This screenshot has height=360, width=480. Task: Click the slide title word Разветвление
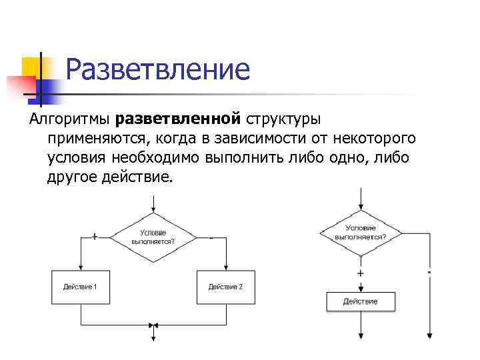coord(158,69)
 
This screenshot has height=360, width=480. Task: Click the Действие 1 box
coord(80,287)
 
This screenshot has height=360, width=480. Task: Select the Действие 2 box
coord(225,287)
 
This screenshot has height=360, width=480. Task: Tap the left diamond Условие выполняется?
coord(154,237)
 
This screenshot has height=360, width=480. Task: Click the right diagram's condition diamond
coord(360,232)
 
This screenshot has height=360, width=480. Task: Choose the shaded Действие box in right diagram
coord(360,301)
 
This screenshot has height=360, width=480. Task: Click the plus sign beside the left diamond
coord(94,236)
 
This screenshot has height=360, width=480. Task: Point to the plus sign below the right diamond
coord(361,273)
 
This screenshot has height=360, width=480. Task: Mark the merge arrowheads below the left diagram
coord(153,325)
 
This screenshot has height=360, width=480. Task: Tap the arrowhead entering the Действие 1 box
coord(80,267)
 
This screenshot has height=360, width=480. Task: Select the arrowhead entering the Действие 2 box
coord(225,267)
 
